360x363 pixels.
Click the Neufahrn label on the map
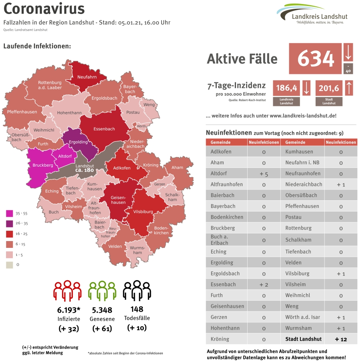[86, 77]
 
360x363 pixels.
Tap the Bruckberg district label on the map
[42, 165]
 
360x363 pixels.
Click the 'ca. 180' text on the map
[84, 170]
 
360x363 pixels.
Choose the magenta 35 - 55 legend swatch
[9, 213]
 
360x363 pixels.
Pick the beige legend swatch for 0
[9, 265]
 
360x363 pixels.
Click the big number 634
[316, 59]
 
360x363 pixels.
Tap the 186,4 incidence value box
[286, 88]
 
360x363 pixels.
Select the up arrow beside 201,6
[348, 88]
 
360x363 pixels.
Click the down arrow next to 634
[348, 52]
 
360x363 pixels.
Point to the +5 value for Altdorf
[264, 174]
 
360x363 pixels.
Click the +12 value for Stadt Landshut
[341, 339]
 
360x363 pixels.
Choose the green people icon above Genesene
[102, 290]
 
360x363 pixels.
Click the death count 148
[137, 309]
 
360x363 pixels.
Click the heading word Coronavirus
[44, 9]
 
